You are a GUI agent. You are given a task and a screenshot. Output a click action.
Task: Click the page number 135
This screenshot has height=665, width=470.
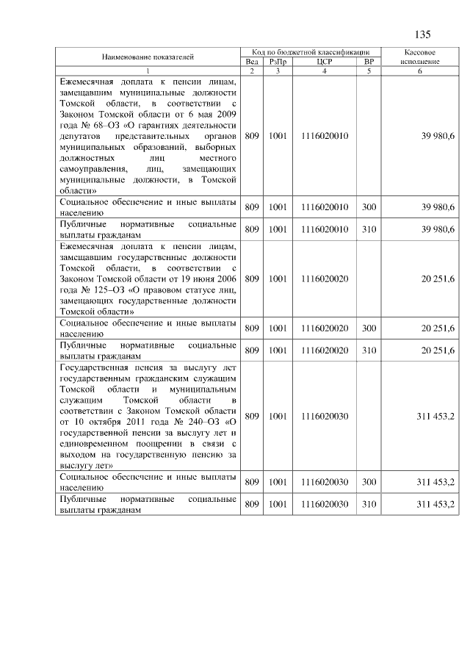click(422, 35)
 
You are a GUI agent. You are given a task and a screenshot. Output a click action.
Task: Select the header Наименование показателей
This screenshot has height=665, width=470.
click(148, 57)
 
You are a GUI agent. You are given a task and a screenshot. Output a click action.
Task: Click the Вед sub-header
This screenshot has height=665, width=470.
click(251, 62)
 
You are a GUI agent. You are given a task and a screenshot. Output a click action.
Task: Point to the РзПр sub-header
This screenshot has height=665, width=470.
click(277, 62)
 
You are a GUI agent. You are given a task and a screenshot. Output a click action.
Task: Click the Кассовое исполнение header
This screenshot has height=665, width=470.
click(421, 57)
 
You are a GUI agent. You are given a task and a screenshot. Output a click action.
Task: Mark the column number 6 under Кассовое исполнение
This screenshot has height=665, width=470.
click(421, 71)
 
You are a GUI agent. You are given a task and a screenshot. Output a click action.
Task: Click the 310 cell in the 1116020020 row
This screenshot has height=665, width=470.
click(369, 351)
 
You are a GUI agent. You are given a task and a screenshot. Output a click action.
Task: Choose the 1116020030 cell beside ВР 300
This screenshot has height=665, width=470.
click(324, 482)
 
